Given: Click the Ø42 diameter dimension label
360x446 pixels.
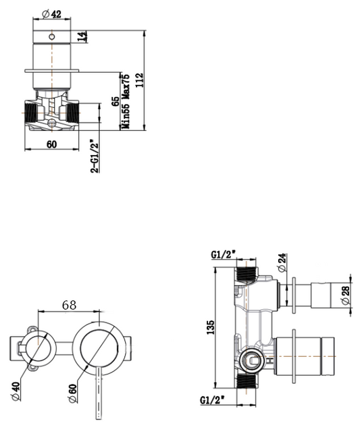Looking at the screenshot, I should coord(51,14).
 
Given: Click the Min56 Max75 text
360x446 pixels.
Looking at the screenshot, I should coord(125,101).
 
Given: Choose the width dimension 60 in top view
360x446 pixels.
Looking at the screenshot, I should coord(51,143).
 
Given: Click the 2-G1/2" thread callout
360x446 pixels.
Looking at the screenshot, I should coord(95,156).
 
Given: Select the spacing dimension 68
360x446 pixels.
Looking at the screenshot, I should coord(69,304).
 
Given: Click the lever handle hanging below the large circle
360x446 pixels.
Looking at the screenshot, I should coord(99,391).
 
